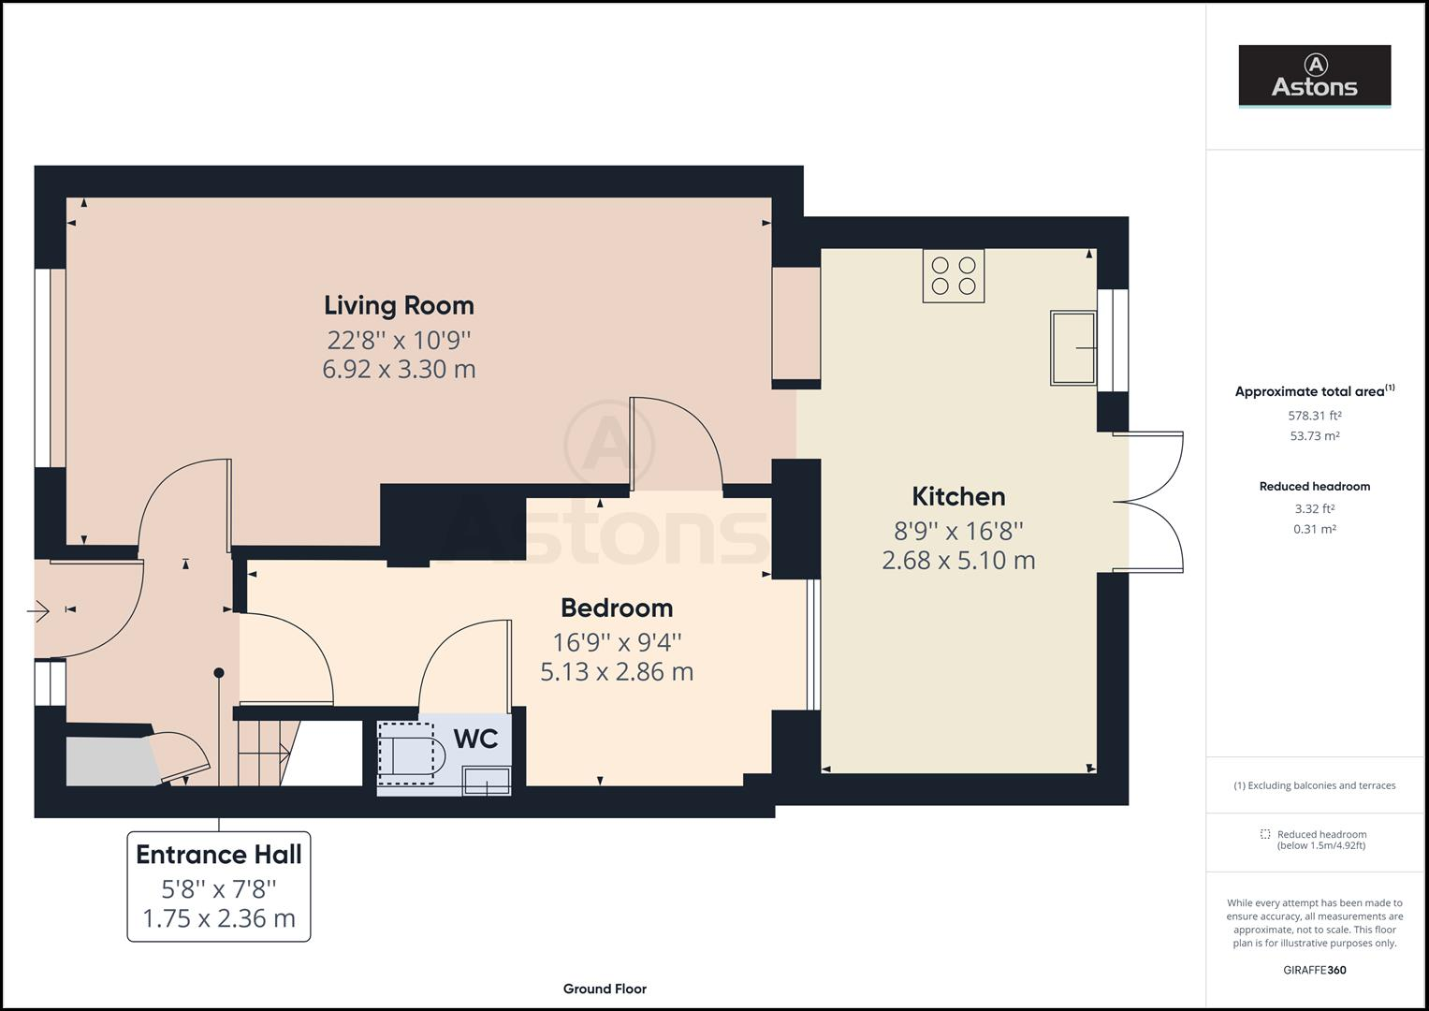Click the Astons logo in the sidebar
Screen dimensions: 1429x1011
[1314, 75]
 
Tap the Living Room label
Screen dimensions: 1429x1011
[399, 305]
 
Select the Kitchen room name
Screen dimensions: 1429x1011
[958, 496]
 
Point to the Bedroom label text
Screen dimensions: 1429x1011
[617, 608]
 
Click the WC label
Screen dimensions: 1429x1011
[476, 740]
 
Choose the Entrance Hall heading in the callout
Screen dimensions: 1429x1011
[219, 855]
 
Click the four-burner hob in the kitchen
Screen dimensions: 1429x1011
[953, 275]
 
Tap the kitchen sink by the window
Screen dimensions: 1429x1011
[1073, 348]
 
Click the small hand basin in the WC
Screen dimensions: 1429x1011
[487, 782]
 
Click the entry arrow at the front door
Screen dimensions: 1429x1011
[38, 611]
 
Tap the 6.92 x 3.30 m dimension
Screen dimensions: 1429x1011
[399, 370]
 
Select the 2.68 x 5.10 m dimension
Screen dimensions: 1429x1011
[958, 561]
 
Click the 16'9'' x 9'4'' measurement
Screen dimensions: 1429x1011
[617, 642]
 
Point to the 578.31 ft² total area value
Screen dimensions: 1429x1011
[1314, 416]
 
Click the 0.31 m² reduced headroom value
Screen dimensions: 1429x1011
[1314, 529]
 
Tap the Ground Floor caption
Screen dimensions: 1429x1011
[605, 989]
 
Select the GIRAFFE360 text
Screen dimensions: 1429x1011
[1314, 970]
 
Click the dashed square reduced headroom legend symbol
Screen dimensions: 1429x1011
[1265, 833]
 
